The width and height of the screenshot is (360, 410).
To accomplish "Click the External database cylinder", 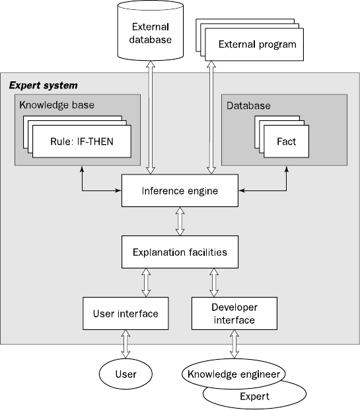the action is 151,31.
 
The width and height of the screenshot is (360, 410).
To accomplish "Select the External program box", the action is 254,44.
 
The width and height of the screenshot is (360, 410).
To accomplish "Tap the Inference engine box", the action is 180,190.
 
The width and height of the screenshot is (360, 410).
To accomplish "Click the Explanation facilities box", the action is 180,252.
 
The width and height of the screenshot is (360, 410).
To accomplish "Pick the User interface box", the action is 126,313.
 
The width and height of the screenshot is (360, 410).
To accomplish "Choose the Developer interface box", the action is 234,313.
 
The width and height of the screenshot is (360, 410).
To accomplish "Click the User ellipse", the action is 126,374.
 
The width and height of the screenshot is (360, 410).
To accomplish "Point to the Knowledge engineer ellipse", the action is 234,374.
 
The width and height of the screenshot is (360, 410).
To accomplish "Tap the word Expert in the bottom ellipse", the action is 254,396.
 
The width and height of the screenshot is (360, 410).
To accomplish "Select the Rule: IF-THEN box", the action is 82,142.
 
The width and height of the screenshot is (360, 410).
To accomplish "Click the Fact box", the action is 286,142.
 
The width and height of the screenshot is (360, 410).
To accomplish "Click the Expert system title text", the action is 44,85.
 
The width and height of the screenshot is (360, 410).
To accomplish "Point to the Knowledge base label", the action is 57,105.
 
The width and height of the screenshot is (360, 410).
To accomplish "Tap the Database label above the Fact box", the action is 248,105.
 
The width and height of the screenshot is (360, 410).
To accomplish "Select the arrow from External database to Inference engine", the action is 151,118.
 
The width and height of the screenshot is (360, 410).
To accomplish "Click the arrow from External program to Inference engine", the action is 211,118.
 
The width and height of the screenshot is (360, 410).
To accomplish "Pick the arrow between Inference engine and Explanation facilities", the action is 180,222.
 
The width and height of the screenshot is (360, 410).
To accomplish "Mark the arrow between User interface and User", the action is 126,344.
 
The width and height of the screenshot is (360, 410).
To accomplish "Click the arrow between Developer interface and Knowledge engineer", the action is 234,344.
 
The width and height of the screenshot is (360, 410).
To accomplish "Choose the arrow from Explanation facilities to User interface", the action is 146,282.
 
